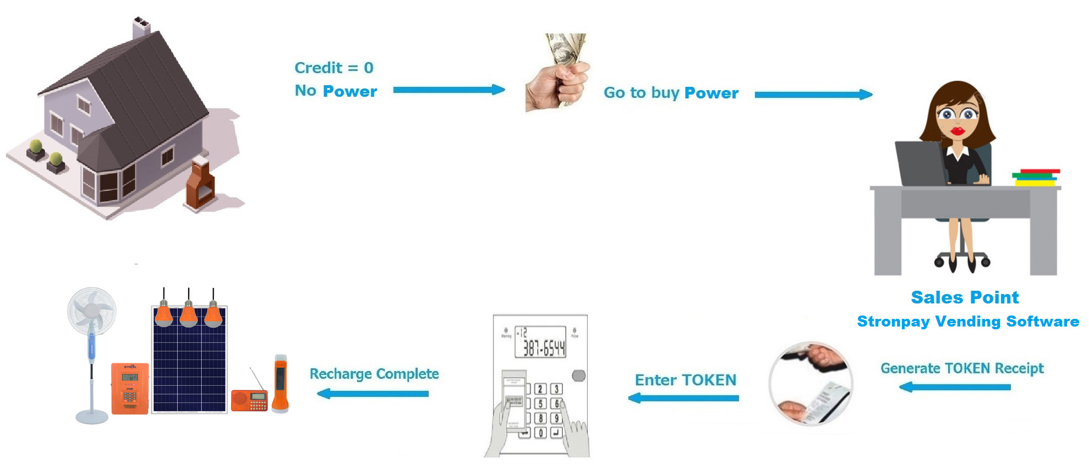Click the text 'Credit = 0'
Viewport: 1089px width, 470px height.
(334, 68)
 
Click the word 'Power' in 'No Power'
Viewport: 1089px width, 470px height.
(350, 91)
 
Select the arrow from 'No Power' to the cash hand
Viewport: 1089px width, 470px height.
(449, 90)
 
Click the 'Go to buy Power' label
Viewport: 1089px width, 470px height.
(671, 93)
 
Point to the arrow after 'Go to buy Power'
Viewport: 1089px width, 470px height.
(813, 95)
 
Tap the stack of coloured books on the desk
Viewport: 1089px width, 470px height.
(1036, 178)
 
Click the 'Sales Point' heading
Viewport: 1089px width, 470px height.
(965, 297)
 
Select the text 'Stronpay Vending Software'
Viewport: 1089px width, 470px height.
(968, 322)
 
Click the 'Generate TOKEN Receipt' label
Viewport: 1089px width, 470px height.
(962, 368)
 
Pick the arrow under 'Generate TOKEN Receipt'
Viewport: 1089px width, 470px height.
(955, 387)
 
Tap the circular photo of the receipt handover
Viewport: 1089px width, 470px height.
(811, 383)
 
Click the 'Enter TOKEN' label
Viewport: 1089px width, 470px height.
(686, 380)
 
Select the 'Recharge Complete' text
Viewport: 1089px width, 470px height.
(374, 374)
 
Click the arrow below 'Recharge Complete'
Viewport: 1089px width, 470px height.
(373, 394)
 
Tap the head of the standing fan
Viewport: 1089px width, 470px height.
(91, 311)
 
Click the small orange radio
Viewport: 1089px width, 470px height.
(249, 400)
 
